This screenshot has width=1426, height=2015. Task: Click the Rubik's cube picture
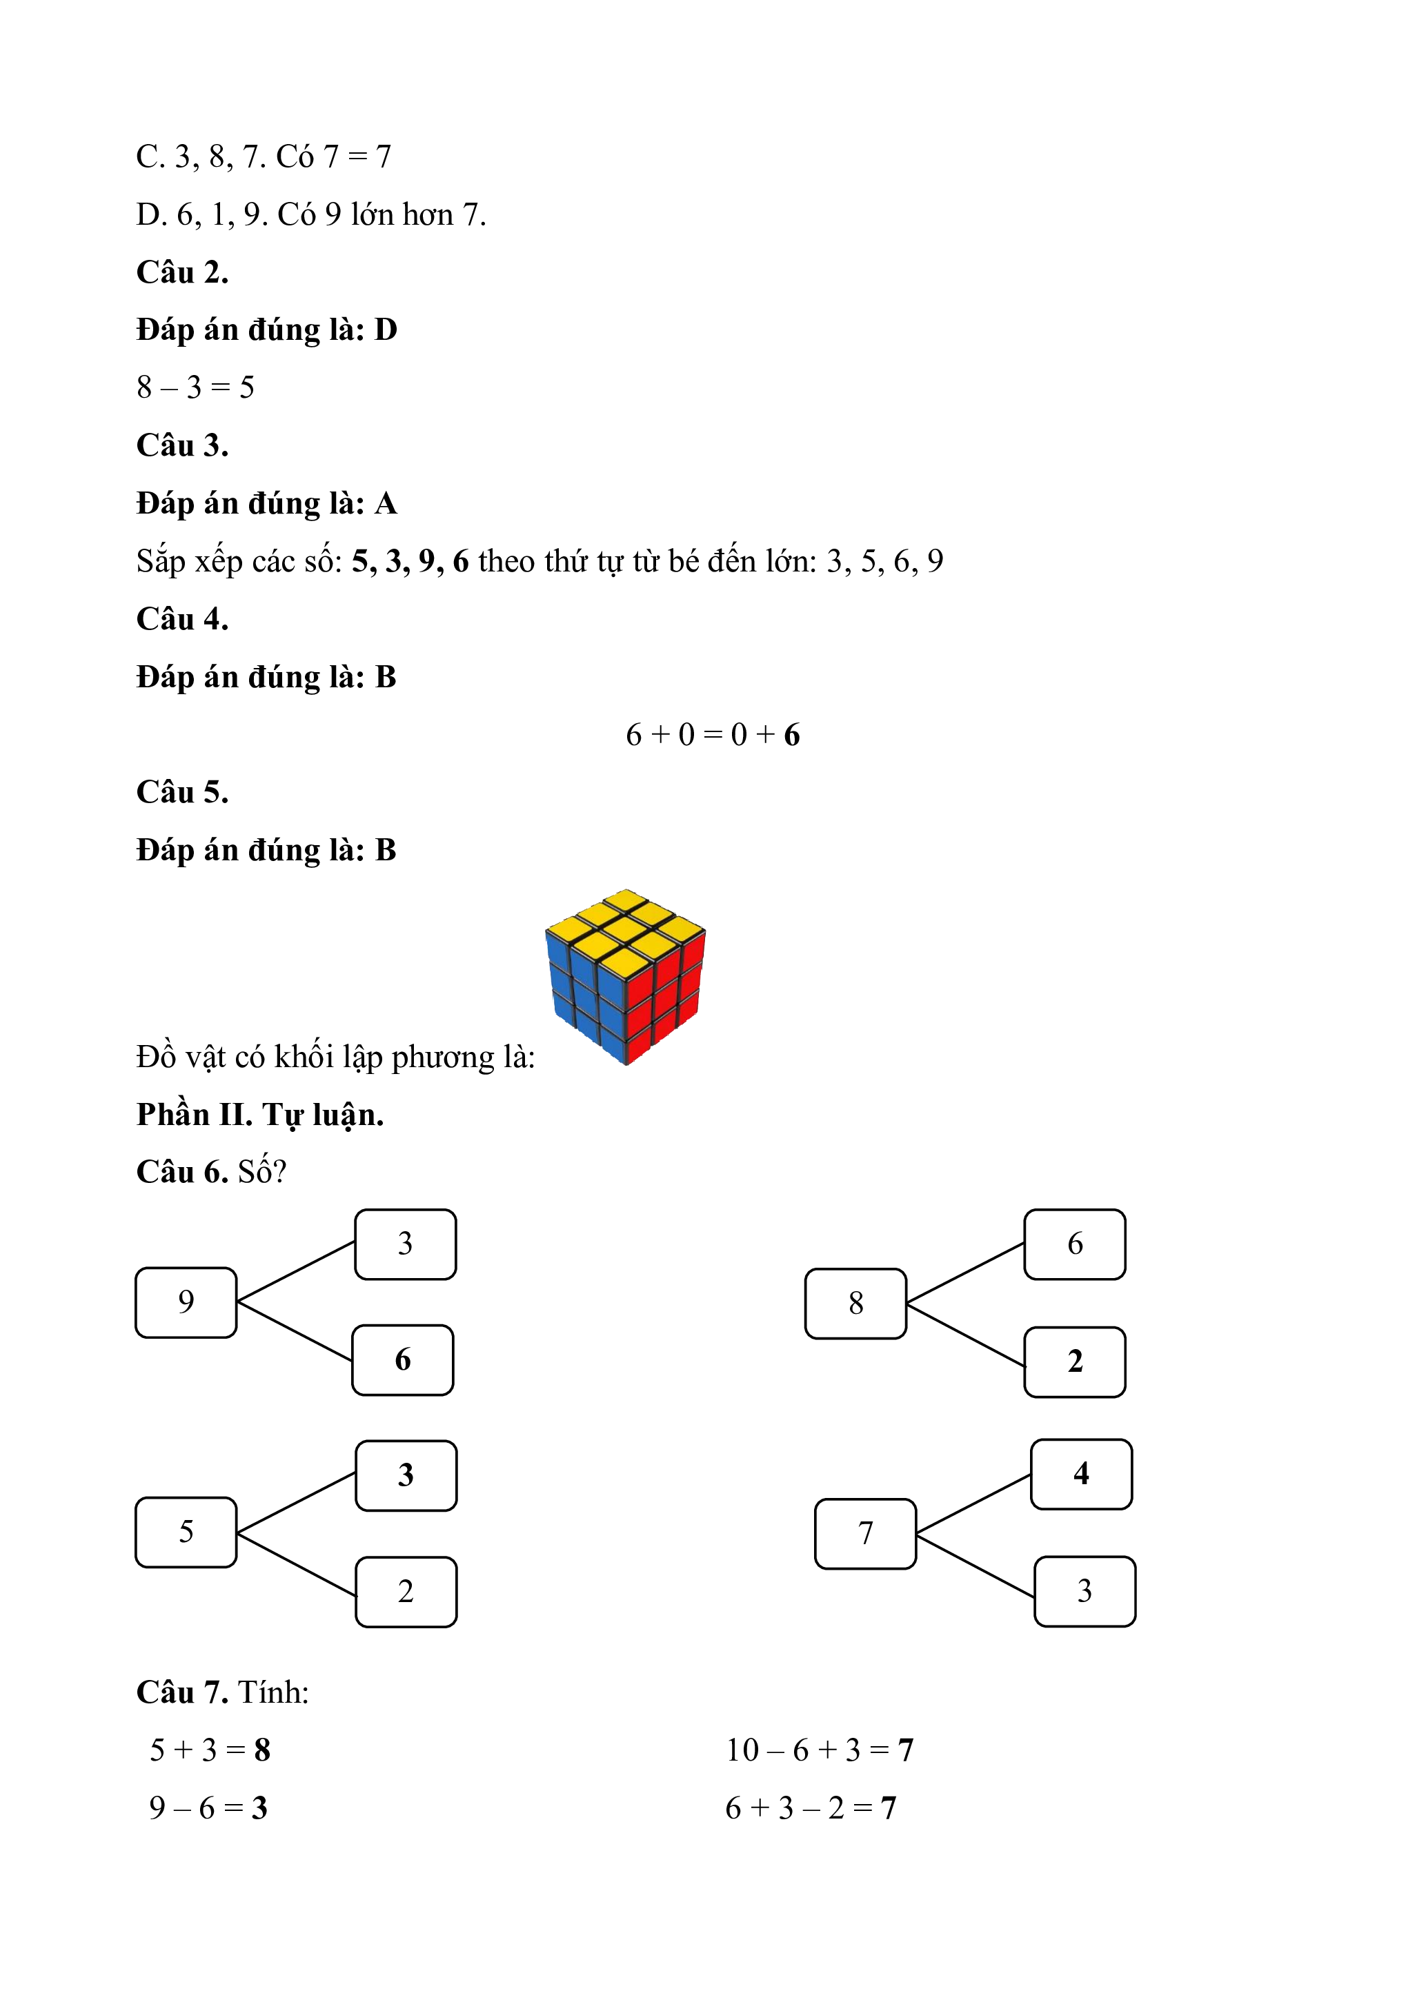(625, 976)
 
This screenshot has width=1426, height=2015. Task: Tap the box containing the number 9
(186, 1302)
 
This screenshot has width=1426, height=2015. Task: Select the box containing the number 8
(855, 1304)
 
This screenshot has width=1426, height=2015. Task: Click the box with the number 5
(186, 1532)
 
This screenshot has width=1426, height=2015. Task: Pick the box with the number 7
(865, 1533)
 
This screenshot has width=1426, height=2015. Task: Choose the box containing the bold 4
(1081, 1474)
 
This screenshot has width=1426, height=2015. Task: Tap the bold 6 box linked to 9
(403, 1360)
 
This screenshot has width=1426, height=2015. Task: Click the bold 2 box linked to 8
(1075, 1362)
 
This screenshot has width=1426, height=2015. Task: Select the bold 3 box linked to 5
(406, 1475)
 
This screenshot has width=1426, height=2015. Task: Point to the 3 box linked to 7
(1085, 1591)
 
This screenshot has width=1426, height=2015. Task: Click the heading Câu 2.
(183, 272)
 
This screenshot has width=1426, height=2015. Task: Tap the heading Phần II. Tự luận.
(260, 1115)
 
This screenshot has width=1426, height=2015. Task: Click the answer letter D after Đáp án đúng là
(386, 330)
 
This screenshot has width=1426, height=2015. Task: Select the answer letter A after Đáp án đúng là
(386, 504)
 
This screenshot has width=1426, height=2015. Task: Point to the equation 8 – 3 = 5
(195, 387)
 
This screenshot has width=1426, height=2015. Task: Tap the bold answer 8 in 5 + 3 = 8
(261, 1750)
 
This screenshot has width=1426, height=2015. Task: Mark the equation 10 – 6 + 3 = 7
(820, 1750)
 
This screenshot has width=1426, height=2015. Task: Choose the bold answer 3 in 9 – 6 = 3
(259, 1808)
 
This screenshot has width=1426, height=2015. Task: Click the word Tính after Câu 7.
(273, 1692)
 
